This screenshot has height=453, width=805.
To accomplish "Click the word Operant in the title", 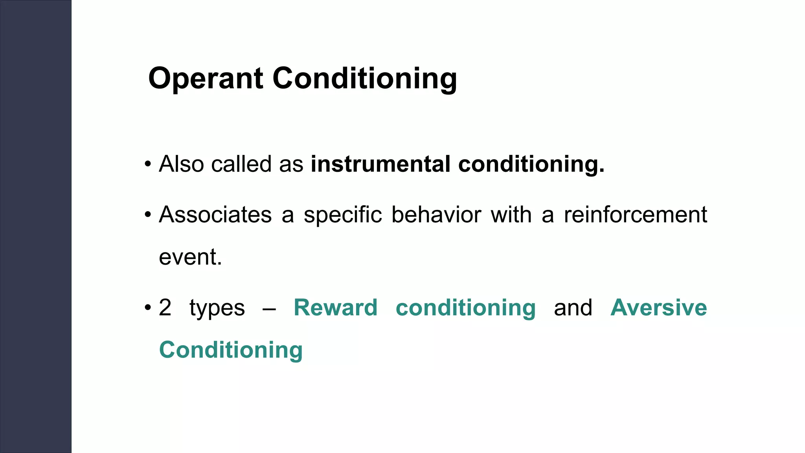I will pyautogui.click(x=205, y=79).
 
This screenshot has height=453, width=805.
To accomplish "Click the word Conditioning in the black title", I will pyautogui.click(x=364, y=79).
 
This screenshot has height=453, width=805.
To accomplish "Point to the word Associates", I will pyautogui.click(x=215, y=215).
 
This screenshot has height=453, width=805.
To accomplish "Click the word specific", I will pyautogui.click(x=342, y=215).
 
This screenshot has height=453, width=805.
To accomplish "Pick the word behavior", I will pyautogui.click(x=436, y=215).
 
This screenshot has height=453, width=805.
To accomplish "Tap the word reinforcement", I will pyautogui.click(x=635, y=215).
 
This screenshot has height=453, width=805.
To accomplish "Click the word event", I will pyautogui.click(x=190, y=257).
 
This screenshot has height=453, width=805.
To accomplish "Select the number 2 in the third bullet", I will pyautogui.click(x=165, y=308).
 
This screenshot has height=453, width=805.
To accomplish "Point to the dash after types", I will pyautogui.click(x=269, y=309).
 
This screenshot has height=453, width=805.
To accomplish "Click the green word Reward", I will pyautogui.click(x=335, y=308).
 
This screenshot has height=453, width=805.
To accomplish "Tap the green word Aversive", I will pyautogui.click(x=658, y=308).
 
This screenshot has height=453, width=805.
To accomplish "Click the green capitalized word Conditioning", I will pyautogui.click(x=231, y=350).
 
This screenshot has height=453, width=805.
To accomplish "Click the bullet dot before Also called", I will pyautogui.click(x=148, y=164).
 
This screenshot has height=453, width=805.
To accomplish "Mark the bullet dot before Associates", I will pyautogui.click(x=148, y=215).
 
